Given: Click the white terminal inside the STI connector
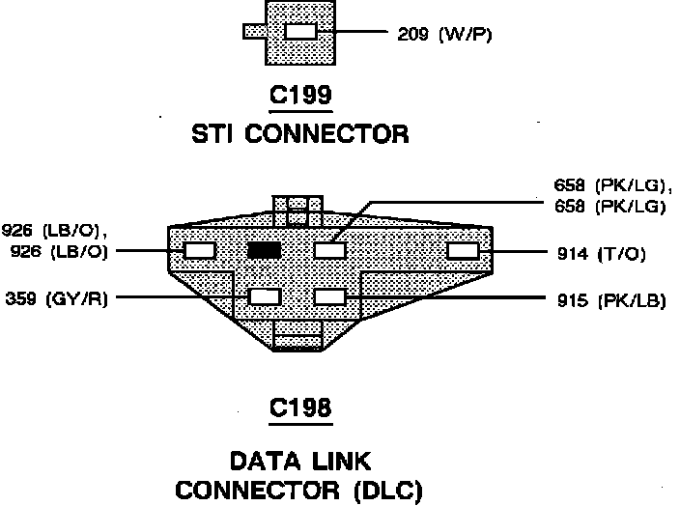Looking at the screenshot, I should coord(300,32).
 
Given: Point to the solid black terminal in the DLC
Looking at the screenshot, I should coord(264,250).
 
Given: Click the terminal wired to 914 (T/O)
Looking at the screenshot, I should coord(463,251).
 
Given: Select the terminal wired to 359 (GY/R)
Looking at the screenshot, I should coord(264,296).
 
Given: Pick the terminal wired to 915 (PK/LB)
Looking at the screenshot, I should coord(330,296).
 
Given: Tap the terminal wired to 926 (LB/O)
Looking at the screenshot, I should coord(200,251).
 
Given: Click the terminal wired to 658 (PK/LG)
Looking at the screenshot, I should coord(330,250).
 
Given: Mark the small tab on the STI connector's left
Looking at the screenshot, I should coord(254,32).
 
